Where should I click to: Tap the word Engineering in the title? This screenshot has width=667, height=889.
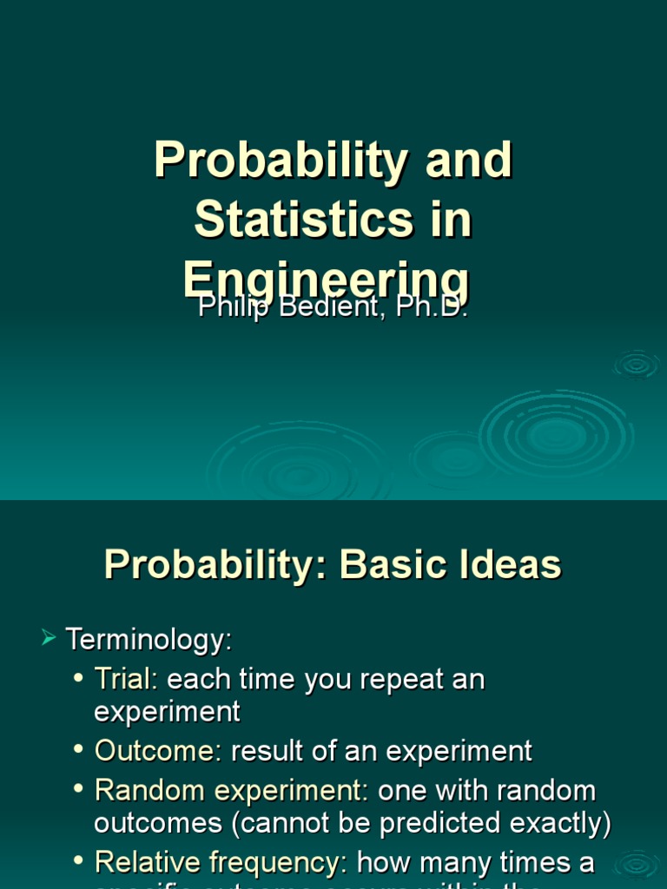(x=327, y=280)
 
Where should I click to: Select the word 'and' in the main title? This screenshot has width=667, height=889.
(x=470, y=161)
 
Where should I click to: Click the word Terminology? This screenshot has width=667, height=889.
(x=149, y=641)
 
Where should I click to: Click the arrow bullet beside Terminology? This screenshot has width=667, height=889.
(x=49, y=640)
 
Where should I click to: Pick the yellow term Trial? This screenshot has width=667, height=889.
(x=122, y=679)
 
